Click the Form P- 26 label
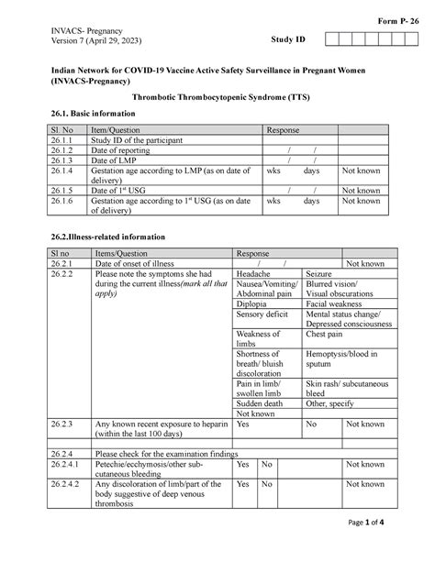click(x=399, y=20)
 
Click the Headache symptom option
click(x=253, y=274)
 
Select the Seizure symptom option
click(x=318, y=274)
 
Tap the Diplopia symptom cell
click(x=251, y=303)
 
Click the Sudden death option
click(x=260, y=402)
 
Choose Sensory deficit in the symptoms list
click(x=262, y=314)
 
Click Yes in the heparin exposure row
click(x=243, y=424)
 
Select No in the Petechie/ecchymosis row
click(x=266, y=465)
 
